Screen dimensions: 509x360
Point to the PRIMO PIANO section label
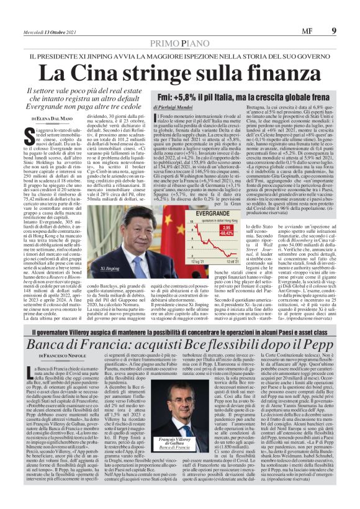(179, 42)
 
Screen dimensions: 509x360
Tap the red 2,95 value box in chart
(226, 227)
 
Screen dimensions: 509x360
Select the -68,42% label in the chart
(226, 234)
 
